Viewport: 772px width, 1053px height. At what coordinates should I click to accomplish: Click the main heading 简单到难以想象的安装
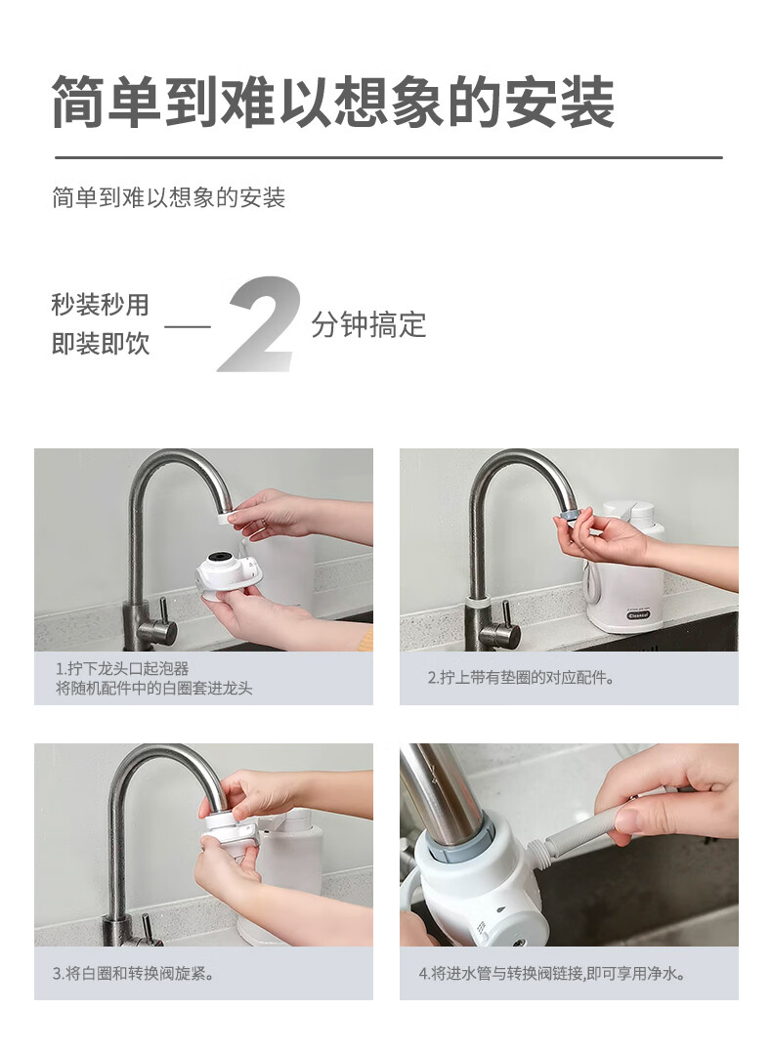point(333,102)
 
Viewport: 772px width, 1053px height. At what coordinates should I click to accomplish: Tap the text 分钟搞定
point(368,324)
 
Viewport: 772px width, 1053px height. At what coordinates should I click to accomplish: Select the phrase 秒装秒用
point(100,305)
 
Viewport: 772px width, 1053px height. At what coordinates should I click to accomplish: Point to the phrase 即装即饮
point(100,344)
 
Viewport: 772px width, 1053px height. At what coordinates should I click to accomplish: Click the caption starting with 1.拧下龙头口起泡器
point(153,678)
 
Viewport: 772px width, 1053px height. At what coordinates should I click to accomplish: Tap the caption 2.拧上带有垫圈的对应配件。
point(522,678)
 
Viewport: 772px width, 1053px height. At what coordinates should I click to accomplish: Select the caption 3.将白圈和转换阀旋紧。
point(134,973)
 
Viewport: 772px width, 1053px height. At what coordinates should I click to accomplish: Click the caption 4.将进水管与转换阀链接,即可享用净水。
point(552,973)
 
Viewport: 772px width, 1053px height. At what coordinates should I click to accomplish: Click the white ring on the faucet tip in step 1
point(226,518)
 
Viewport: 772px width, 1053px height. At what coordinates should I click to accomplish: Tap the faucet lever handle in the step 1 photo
point(161,622)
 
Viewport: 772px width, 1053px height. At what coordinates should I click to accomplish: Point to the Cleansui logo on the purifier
point(637,615)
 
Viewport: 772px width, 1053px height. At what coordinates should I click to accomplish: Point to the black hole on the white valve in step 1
point(219,557)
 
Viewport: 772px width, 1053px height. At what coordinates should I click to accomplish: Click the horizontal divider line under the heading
point(388,158)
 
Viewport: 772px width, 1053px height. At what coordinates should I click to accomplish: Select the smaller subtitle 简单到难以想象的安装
point(169,198)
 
